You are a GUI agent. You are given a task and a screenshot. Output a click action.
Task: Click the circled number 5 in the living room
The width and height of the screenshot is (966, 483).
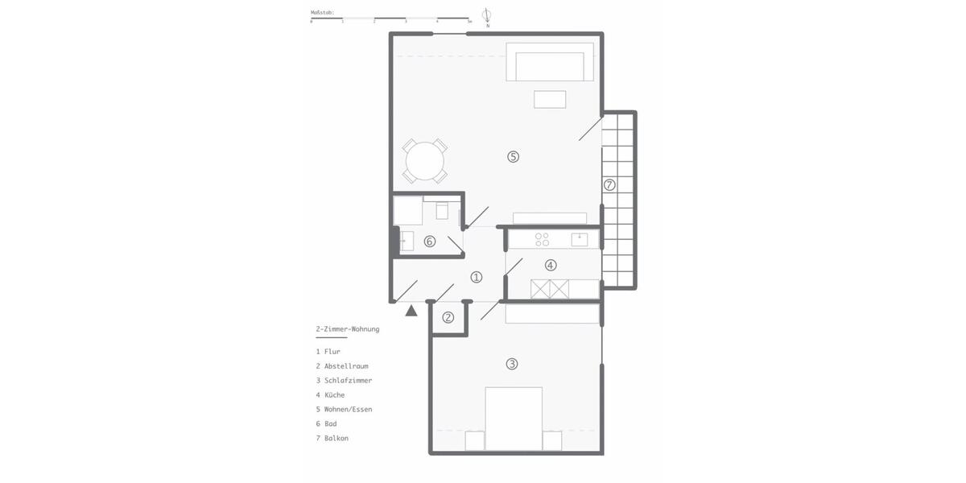point(513,156)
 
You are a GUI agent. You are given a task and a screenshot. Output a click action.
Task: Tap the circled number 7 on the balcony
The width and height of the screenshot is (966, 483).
point(609,185)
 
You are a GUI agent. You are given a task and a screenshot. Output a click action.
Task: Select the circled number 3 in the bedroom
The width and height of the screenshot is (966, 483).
point(511,364)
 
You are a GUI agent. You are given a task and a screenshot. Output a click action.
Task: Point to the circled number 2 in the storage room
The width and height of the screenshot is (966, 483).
point(448,317)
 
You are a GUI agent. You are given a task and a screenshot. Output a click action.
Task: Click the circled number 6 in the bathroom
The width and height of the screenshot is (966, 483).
point(429,242)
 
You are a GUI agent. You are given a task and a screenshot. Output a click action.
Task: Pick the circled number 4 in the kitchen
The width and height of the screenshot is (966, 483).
point(551,265)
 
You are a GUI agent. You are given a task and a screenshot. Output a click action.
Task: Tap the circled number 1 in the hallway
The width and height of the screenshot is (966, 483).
point(477,277)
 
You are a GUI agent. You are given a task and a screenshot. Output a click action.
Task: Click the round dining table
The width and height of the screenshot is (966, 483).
point(424,161)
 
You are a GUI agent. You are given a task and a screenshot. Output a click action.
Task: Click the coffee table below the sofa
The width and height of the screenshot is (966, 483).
point(550,99)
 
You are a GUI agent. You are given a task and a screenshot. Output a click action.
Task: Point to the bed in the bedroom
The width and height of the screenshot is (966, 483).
point(514,419)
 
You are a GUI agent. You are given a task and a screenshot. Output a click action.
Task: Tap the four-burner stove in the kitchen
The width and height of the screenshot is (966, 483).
point(543,239)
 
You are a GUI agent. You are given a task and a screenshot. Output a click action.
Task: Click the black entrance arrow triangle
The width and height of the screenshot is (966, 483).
point(411,310)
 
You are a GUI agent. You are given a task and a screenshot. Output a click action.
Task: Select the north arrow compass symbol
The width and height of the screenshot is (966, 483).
point(487,16)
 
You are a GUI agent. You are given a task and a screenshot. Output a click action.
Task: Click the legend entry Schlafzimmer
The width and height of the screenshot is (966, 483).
point(348,381)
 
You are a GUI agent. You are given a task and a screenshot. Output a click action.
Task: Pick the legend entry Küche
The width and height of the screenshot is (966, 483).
point(334,395)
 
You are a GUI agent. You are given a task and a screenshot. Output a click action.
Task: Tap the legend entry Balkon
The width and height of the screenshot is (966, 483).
point(336,439)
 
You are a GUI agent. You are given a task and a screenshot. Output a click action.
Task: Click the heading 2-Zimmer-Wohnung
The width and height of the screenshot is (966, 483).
point(347,329)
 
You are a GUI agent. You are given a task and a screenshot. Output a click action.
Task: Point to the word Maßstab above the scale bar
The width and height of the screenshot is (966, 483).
point(322,13)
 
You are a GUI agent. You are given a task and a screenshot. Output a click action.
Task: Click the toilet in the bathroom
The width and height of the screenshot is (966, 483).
point(442,211)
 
